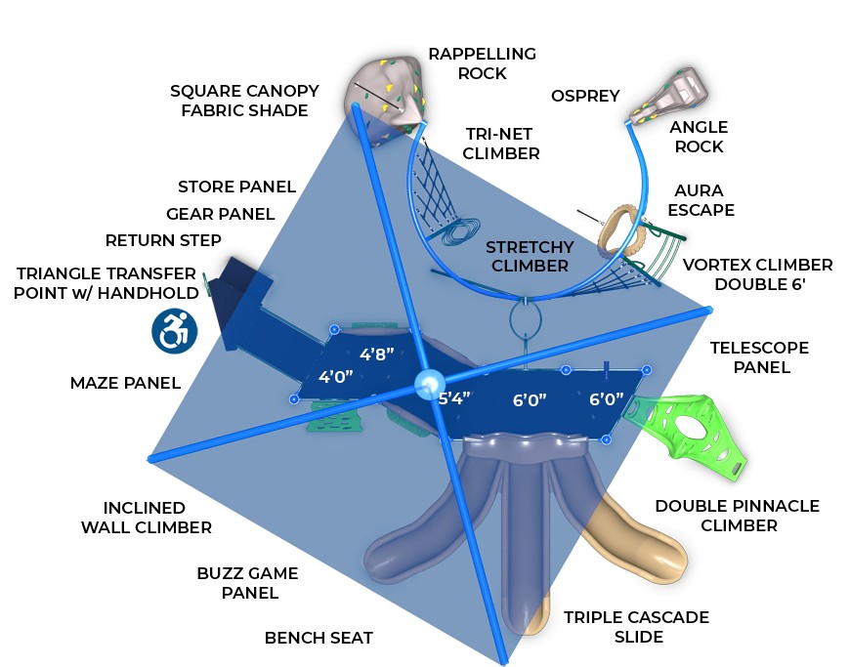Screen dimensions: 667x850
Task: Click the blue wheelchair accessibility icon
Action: [175, 331]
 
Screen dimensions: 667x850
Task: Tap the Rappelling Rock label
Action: [482, 63]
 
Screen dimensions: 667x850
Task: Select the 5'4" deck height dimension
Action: [454, 397]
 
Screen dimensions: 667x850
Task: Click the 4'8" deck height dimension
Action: [377, 354]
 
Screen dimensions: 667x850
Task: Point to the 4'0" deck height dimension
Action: [336, 376]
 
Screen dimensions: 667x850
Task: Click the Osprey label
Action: [585, 96]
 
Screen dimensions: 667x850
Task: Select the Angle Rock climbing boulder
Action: [673, 94]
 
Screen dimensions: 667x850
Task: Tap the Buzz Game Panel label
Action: [247, 583]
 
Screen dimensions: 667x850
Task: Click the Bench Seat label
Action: [319, 638]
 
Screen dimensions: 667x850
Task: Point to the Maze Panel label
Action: [125, 383]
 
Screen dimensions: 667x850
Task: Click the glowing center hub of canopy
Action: [427, 385]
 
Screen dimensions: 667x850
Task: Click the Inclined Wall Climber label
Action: [157, 518]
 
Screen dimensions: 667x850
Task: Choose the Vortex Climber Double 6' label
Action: [757, 274]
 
